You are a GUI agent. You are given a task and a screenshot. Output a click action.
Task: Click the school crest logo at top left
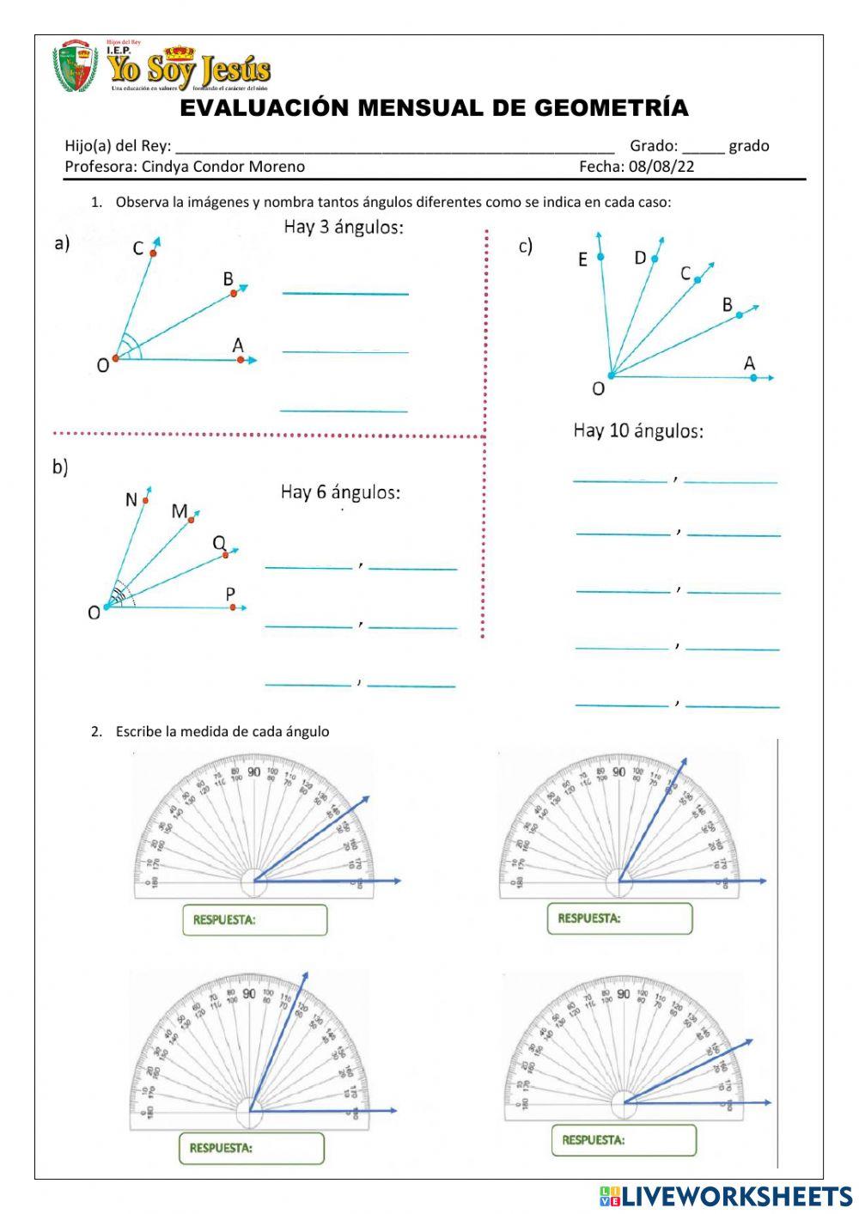click(76, 66)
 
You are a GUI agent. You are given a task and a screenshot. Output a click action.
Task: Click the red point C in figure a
click(153, 253)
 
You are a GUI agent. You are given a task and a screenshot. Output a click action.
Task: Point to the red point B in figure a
click(234, 293)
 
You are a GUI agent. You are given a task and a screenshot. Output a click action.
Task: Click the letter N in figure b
click(131, 500)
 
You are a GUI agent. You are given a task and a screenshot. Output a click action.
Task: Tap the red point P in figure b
click(233, 607)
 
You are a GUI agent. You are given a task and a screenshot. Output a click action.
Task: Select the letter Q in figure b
click(219, 543)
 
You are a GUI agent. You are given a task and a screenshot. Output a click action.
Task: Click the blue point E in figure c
click(600, 257)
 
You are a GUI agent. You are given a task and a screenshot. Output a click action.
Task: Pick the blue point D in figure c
click(655, 259)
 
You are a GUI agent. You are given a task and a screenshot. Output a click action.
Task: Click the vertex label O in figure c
click(599, 389)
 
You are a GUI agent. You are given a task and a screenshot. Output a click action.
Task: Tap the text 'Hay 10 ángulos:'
click(638, 430)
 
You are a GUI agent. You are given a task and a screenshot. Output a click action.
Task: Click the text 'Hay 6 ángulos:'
click(340, 492)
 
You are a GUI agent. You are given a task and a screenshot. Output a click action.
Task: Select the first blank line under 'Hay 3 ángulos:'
click(345, 293)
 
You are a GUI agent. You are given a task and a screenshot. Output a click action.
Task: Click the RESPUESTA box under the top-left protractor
click(254, 919)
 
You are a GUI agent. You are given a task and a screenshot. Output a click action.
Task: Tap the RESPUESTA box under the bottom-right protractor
click(623, 1140)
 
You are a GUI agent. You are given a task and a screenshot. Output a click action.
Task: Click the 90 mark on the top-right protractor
click(618, 772)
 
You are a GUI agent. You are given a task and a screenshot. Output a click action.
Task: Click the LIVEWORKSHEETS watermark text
click(737, 1196)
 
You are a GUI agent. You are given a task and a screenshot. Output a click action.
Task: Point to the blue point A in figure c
click(753, 377)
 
